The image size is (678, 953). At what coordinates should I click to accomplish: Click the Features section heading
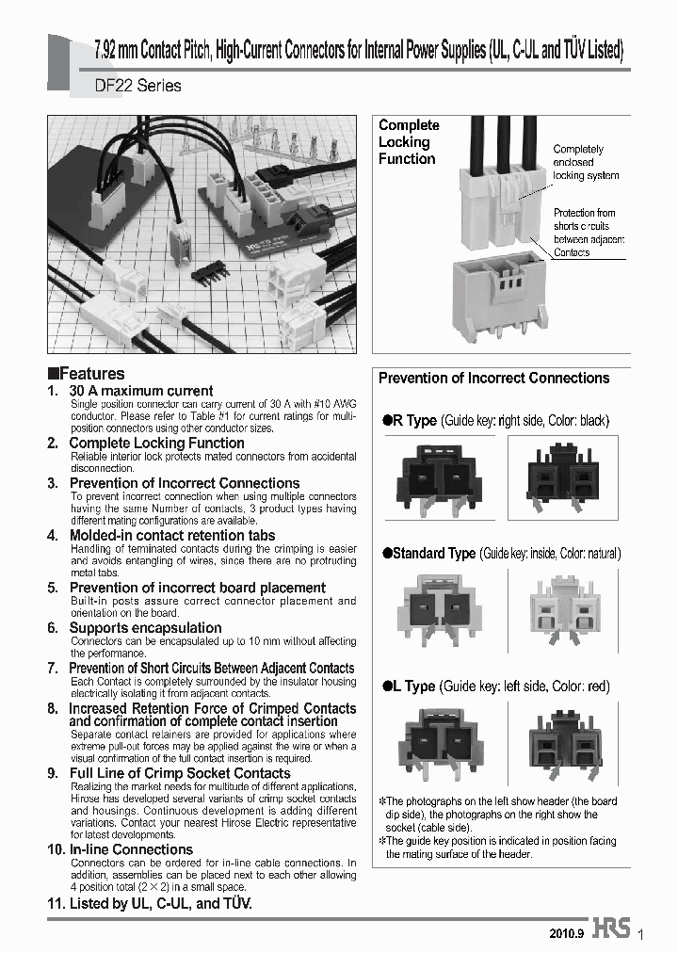87,374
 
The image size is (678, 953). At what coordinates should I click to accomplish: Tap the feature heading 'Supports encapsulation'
145,628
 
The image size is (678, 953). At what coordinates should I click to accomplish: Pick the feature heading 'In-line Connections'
131,849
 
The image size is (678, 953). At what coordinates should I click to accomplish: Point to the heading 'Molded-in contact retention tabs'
172,535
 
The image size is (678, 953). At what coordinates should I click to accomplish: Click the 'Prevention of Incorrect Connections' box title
493,379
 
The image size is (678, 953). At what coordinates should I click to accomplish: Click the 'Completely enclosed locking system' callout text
586,162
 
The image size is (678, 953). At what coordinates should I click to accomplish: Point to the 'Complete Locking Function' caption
409,142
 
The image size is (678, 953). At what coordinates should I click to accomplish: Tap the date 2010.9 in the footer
567,932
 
